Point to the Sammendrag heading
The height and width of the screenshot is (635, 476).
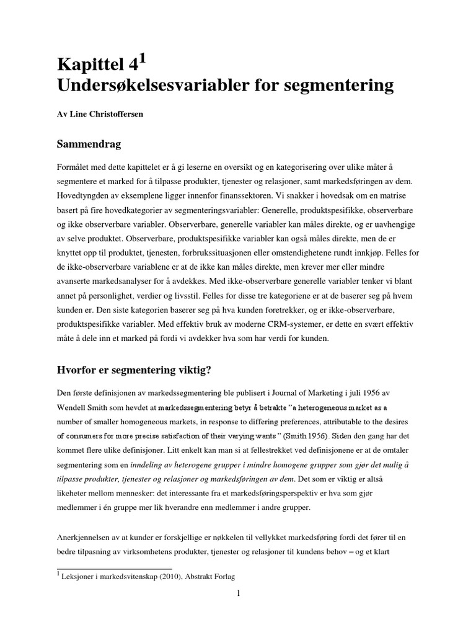pyautogui.click(x=89, y=145)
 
